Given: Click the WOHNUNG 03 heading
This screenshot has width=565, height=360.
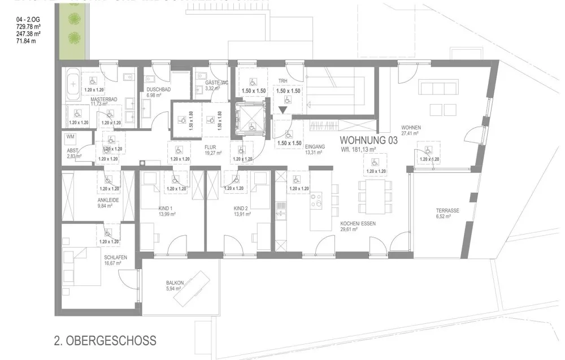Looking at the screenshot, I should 368,140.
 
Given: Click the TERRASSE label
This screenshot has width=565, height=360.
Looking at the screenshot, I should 447,210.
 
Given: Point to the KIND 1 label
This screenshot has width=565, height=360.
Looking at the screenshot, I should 166,208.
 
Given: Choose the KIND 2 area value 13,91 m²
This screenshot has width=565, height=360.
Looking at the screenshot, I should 242,215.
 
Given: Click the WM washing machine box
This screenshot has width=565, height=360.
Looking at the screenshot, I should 71,137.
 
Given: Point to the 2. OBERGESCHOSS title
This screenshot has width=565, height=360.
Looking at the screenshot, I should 105,341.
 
